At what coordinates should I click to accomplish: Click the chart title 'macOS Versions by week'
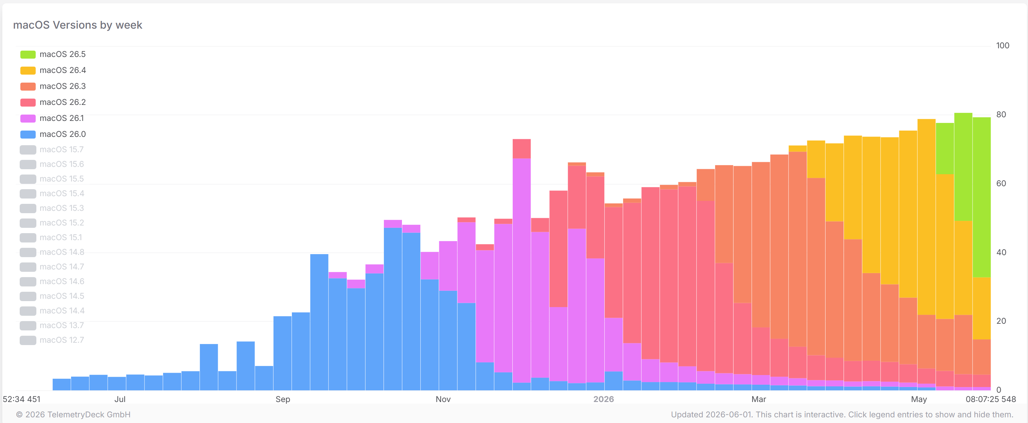[77, 25]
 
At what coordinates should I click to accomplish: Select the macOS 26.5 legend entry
[53, 54]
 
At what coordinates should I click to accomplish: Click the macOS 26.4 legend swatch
[28, 71]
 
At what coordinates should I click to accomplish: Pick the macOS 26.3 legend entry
[53, 86]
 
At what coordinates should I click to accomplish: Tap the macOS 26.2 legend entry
[53, 102]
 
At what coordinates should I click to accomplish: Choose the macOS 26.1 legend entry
[52, 118]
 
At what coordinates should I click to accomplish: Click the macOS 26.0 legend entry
[53, 134]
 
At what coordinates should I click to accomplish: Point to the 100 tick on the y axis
[1002, 45]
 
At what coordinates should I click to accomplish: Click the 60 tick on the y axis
[1001, 184]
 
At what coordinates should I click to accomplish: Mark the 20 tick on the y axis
[1001, 321]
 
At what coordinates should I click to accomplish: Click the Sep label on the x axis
[283, 399]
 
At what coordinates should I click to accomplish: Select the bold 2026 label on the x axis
[603, 399]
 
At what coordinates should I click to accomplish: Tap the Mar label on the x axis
[758, 399]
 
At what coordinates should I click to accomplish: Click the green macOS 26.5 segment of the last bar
[982, 197]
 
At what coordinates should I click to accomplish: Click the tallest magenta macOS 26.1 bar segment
[522, 270]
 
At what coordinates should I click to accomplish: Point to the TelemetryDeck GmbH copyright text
[73, 415]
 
